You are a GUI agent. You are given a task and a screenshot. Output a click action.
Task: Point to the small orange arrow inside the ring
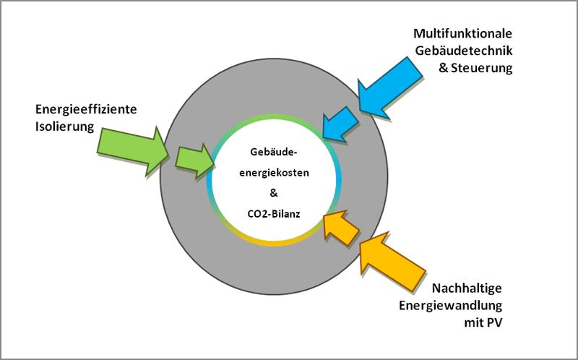(340, 225)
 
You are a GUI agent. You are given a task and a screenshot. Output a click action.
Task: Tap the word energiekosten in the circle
(273, 173)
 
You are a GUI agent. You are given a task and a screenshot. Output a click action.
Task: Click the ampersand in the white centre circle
(273, 194)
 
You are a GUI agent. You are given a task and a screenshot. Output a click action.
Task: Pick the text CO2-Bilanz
(273, 214)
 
